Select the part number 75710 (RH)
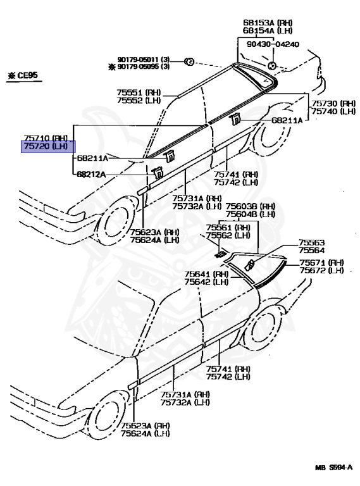[x=46, y=137]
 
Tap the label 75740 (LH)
[x=333, y=111]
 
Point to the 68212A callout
[x=92, y=174]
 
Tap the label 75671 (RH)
[x=321, y=263]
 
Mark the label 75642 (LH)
[x=206, y=282]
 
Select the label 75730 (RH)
[x=333, y=103]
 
